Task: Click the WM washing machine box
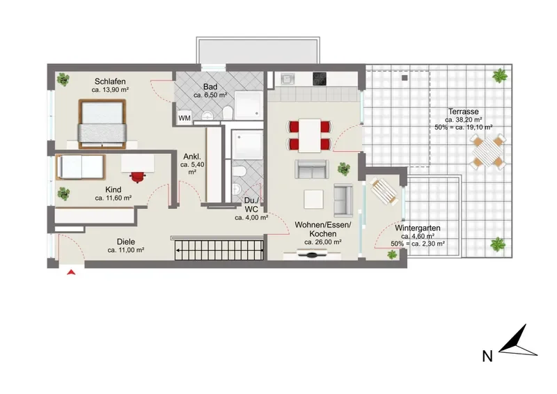point(185,118)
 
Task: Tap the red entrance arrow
point(72,272)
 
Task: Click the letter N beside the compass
point(487,356)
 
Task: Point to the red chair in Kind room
point(138,177)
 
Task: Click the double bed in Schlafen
point(102,124)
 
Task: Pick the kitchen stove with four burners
point(320,79)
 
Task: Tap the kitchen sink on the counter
point(288,79)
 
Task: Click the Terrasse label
point(463,111)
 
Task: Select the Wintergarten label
point(418,228)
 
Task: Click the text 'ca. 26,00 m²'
point(323,242)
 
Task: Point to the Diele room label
point(126,242)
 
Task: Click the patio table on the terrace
point(488,152)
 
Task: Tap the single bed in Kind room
point(81,167)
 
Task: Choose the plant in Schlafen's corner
point(63,79)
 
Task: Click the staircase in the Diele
point(219,250)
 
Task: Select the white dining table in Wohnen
point(309,135)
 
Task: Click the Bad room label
point(210,87)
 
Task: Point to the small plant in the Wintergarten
point(392,254)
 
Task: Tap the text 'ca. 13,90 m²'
point(110,90)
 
